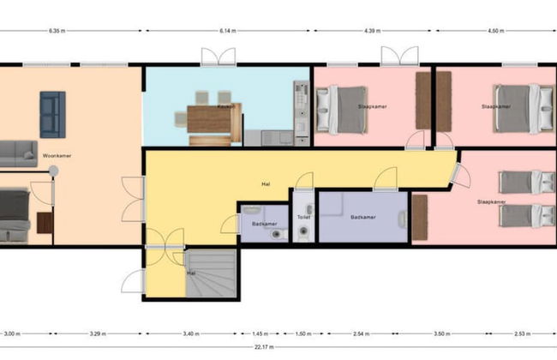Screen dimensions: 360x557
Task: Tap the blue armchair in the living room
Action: [x=52, y=114]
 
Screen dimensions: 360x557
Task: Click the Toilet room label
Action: [x=302, y=217]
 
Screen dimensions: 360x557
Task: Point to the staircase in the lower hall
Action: [x=209, y=273]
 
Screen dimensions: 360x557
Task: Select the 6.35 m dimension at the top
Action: [x=58, y=32]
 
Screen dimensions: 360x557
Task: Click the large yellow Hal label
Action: [x=267, y=183]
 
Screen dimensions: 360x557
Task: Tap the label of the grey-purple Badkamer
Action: [x=363, y=217]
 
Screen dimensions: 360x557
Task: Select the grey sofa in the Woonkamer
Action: [x=17, y=153]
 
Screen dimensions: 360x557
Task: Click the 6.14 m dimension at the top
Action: [x=227, y=32]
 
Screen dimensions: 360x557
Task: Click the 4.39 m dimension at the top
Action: [x=371, y=32]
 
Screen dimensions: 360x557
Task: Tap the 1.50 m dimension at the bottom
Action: [x=304, y=333]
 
